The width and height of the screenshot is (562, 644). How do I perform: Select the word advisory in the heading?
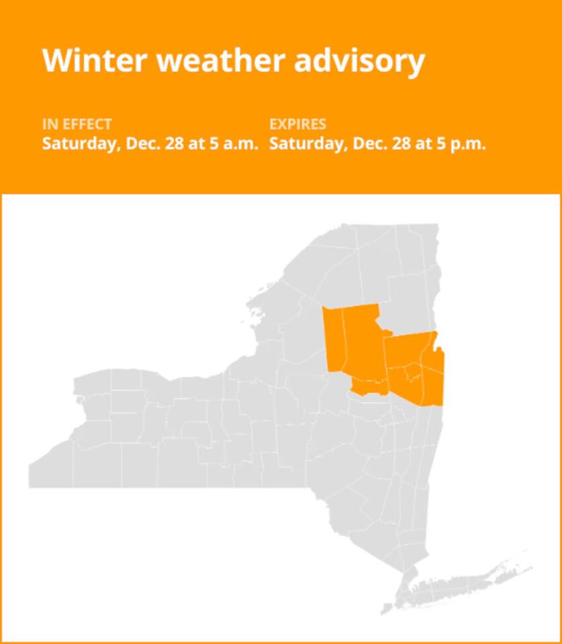click(x=360, y=60)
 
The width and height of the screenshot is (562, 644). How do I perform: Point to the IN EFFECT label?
click(x=77, y=124)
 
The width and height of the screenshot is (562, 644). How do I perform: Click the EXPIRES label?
click(x=297, y=124)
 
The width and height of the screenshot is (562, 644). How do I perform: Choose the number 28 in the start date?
click(x=174, y=144)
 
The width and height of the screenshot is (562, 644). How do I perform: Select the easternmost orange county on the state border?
click(x=436, y=376)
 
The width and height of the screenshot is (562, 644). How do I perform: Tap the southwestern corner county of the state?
click(x=50, y=470)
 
